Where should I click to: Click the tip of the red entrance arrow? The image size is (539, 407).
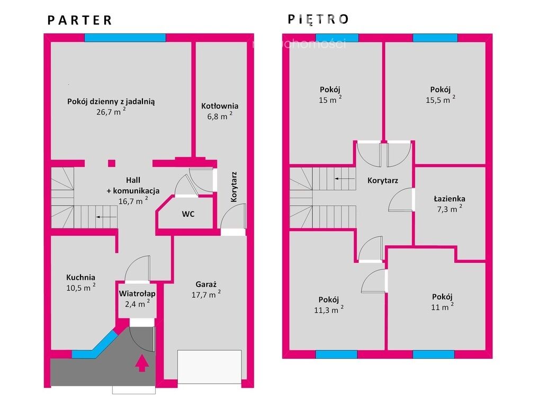pos(141,356)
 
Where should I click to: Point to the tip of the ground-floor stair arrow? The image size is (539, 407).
pos(96,217)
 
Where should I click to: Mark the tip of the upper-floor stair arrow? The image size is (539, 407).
pos(335,179)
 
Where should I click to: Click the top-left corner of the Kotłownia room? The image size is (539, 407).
pos(196,42)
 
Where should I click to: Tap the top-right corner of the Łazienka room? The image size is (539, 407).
pos(486,167)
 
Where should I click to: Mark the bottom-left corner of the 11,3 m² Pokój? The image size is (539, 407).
pos(290,350)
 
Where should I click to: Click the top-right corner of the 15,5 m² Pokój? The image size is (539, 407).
pos(486,42)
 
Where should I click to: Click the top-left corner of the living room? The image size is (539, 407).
pos(51,42)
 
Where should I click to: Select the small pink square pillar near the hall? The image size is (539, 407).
pos(112,163)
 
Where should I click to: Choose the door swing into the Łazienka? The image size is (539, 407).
pos(400,200)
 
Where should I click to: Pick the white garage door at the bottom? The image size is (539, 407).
pos(209,367)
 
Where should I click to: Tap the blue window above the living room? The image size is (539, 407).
pos(125,38)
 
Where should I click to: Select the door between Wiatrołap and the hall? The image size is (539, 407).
pos(138,269)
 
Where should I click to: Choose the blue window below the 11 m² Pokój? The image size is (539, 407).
pos(434,355)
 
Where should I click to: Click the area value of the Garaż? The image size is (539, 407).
pos(206,295)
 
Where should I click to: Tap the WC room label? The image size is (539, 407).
pos(188,214)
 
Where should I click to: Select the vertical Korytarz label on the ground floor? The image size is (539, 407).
pos(233,187)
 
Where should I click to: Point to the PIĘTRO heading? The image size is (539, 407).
pos(318,19)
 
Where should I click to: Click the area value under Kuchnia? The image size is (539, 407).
pos(81,287)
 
